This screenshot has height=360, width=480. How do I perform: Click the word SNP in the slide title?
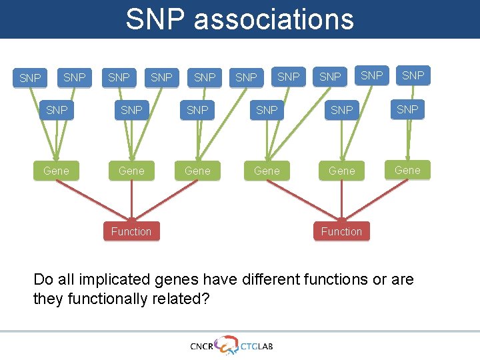[x=157, y=19]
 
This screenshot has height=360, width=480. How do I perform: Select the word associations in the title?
[x=274, y=19]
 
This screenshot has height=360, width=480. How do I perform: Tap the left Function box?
[x=131, y=231]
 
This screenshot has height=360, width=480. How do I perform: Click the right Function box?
[x=341, y=231]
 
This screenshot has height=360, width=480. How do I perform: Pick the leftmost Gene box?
[x=56, y=171]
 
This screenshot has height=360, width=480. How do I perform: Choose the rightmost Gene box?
[x=407, y=170]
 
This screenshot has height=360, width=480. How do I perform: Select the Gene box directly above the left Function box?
[x=131, y=171]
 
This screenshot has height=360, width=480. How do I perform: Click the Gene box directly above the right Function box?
[x=341, y=171]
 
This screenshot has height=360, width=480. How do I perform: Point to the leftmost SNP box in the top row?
[x=30, y=78]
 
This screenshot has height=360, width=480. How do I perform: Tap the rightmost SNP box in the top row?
[x=413, y=75]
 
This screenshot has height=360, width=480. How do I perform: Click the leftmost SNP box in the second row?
[x=57, y=109]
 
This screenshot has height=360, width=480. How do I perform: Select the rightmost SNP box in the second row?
[x=407, y=109]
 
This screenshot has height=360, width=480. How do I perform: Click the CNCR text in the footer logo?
[x=202, y=346]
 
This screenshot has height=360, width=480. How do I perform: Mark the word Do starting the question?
[x=43, y=279]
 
